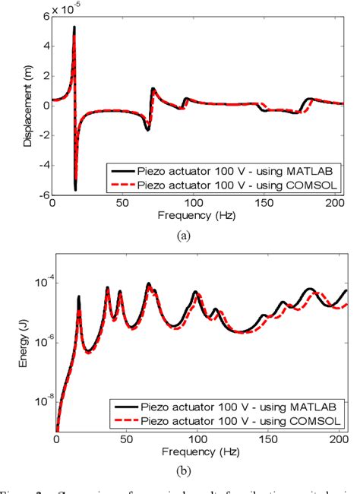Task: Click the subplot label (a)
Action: pyautogui.click(x=183, y=236)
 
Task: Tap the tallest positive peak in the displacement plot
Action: pyautogui.click(x=74, y=27)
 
